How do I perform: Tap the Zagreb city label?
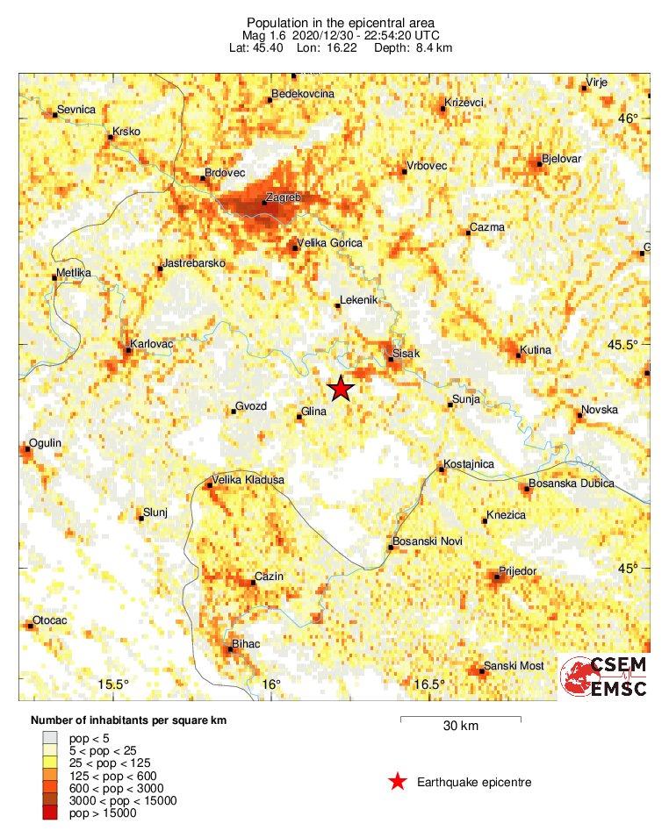[283, 198]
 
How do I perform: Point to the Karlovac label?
[151, 344]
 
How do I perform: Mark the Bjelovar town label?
[562, 159]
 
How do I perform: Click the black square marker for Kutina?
[518, 355]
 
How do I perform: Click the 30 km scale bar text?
[460, 726]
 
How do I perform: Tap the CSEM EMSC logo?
[604, 677]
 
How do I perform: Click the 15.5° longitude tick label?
[113, 684]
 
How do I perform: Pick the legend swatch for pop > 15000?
[50, 813]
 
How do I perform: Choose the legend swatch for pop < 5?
[50, 738]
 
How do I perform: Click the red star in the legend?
[398, 782]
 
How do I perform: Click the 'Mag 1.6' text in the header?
[263, 35]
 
